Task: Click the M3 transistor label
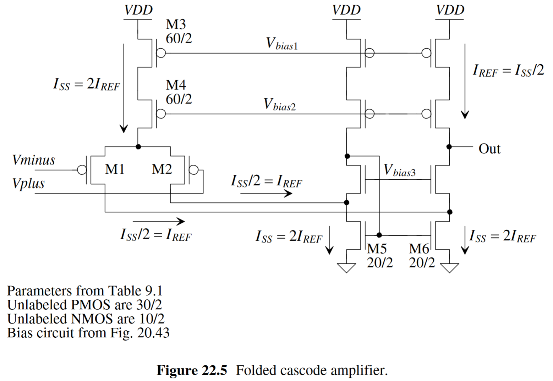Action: [176, 25]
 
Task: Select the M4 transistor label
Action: [176, 85]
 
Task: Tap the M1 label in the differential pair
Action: [115, 169]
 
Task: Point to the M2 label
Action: [162, 169]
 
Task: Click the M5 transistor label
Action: [377, 249]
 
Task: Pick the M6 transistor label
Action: [419, 249]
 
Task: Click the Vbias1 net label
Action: [282, 44]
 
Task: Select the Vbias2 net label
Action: [280, 105]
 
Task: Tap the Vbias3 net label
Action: [399, 170]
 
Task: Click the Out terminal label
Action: [489, 149]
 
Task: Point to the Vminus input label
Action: [34, 160]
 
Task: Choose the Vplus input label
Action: [28, 184]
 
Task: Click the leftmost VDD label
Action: [138, 10]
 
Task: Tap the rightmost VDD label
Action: [450, 10]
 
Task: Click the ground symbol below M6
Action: [449, 267]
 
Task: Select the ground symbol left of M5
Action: [346, 267]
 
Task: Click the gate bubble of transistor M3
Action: [161, 53]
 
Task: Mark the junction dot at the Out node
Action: [449, 147]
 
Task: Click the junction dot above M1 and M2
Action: [138, 147]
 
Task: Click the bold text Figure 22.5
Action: [192, 370]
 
